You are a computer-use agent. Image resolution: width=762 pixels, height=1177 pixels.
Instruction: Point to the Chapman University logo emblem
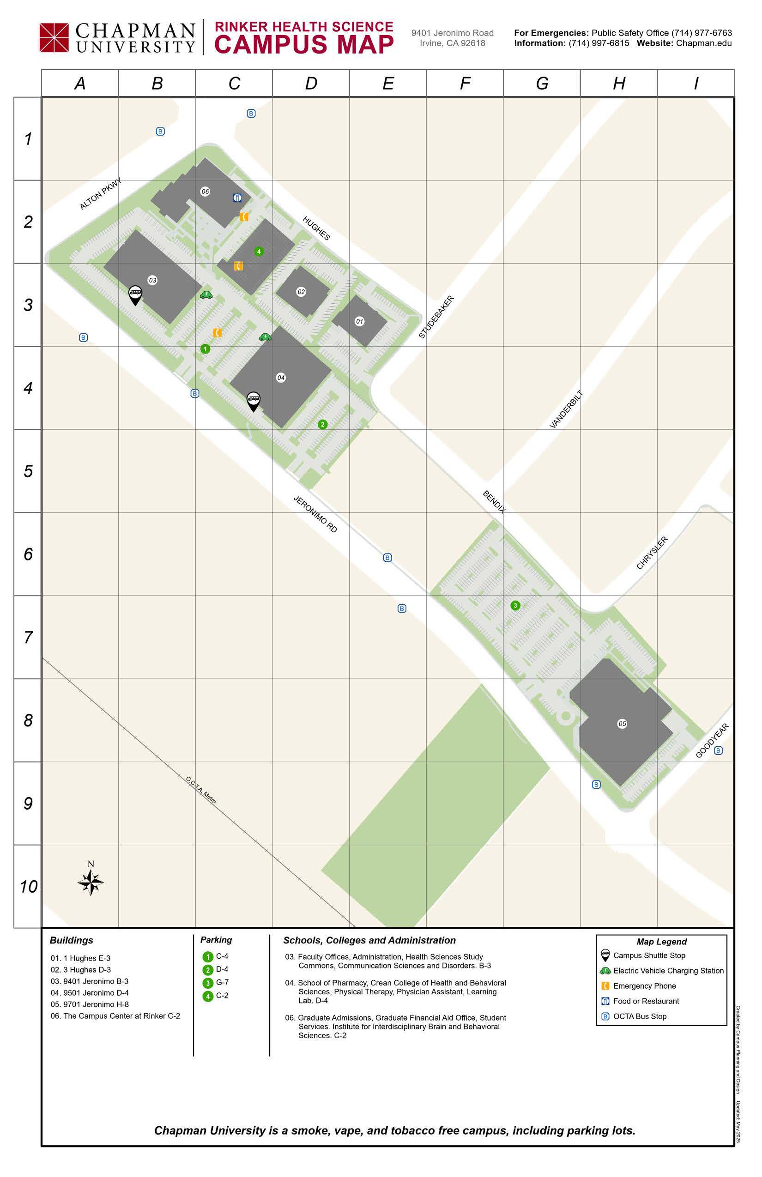tap(54, 37)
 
